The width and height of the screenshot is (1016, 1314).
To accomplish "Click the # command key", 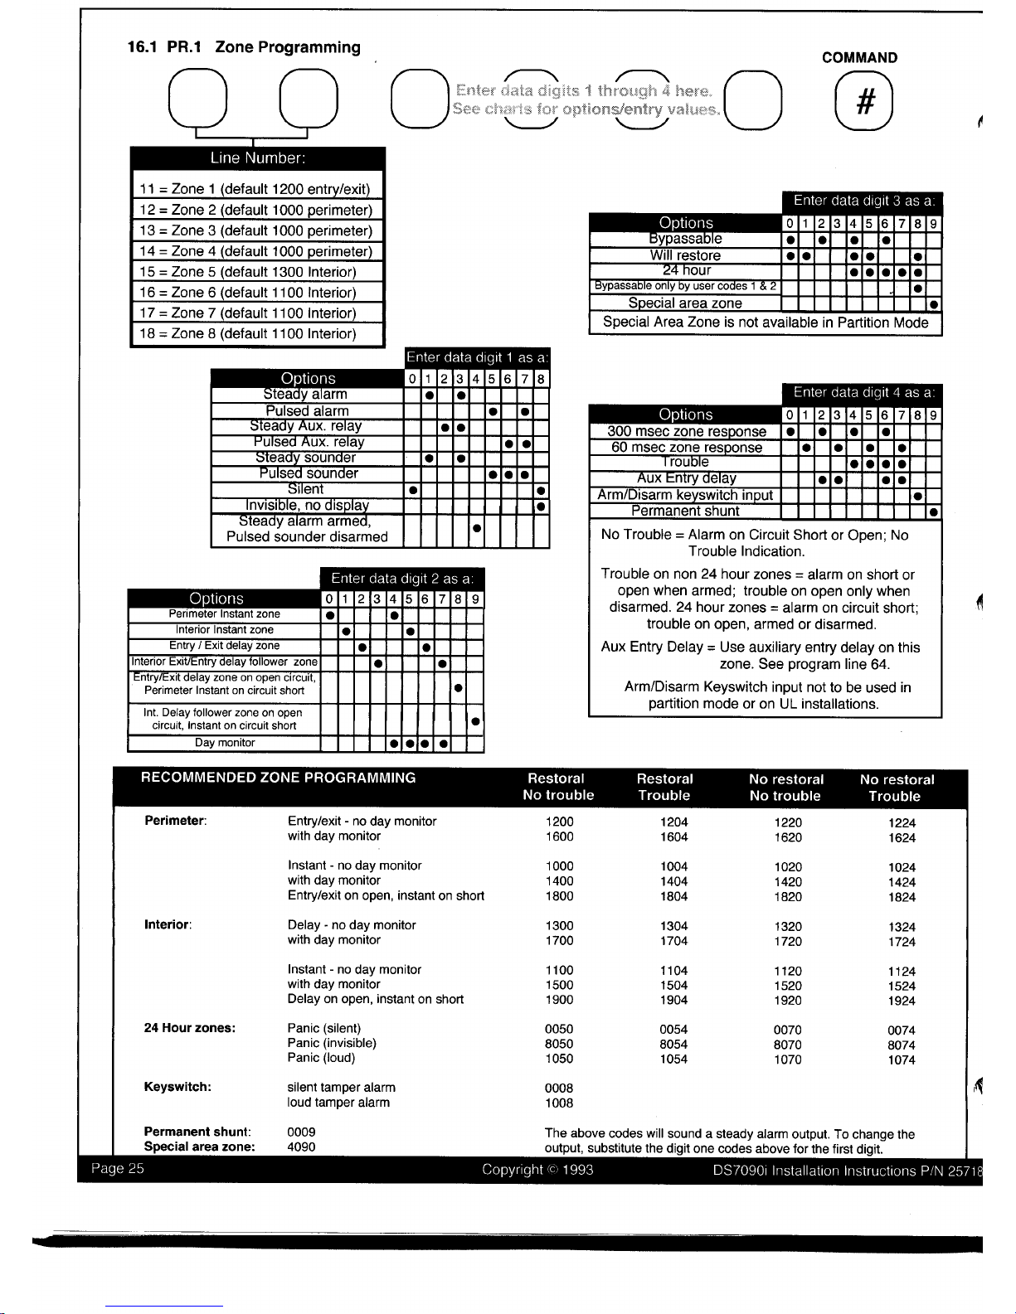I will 864,102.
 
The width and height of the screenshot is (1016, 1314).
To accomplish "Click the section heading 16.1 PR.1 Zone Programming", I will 244,47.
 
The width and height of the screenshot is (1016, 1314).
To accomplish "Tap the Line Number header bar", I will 257,158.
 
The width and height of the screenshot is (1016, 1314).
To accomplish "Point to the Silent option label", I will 306,489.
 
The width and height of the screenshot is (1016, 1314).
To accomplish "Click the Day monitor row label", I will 225,743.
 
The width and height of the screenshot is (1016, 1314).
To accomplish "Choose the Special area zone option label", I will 685,303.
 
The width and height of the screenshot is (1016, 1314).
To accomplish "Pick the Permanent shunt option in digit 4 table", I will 685,511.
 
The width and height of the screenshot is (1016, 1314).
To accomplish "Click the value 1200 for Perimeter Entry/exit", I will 559,822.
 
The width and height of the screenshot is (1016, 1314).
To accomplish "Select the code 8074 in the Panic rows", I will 902,1045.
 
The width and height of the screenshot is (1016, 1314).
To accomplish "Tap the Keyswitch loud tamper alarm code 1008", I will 559,1103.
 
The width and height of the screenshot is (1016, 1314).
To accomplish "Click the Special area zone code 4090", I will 301,1147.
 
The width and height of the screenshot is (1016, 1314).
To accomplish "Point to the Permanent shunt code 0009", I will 301,1132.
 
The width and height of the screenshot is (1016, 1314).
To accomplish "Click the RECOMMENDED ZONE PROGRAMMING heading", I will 279,778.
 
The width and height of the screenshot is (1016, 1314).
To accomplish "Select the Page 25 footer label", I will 118,1169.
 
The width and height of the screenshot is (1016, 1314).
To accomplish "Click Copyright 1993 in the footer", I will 537,1170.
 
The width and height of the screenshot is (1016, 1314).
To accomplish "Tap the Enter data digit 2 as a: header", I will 402,579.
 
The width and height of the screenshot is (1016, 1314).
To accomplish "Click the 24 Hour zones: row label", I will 190,1028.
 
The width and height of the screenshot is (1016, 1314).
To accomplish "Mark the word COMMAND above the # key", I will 859,58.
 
